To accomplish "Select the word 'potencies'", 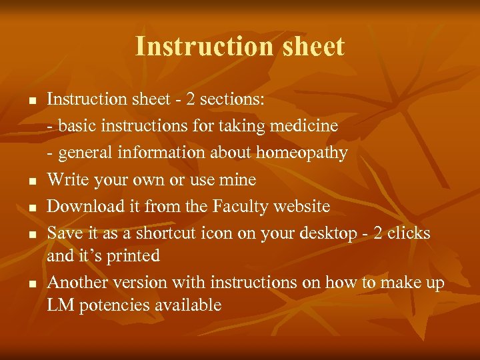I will [x=108, y=305].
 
